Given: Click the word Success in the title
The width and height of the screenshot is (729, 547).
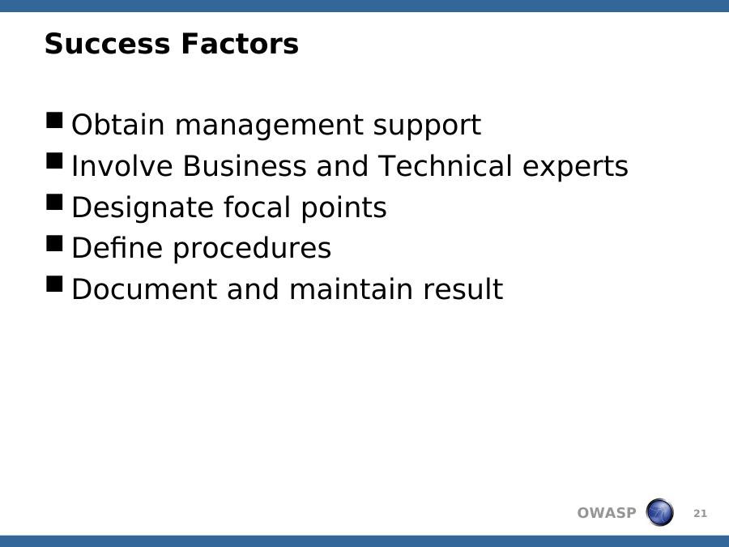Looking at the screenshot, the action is click(x=108, y=44).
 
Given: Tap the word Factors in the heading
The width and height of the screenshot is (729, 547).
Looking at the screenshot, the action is click(x=240, y=44).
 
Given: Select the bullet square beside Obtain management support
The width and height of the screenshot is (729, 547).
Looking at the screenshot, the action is click(x=54, y=120).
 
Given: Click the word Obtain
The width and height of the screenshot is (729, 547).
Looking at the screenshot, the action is click(x=118, y=124).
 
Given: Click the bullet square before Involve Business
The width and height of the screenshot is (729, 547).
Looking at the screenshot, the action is click(x=54, y=161).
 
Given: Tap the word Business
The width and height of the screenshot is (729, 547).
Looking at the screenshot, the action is click(x=245, y=165).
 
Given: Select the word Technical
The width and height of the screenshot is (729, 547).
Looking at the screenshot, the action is click(x=445, y=165).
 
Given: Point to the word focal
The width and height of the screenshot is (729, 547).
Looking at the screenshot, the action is click(x=257, y=207).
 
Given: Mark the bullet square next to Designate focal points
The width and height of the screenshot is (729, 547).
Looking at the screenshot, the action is click(x=54, y=202).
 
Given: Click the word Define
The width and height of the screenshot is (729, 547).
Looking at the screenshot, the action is click(x=117, y=247).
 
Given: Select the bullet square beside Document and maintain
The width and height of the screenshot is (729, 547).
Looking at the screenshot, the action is click(x=54, y=284).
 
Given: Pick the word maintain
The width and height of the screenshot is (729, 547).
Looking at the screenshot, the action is click(x=351, y=288).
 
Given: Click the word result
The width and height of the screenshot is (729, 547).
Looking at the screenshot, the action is click(x=463, y=288).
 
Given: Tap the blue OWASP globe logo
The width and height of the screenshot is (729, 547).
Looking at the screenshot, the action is click(x=659, y=512).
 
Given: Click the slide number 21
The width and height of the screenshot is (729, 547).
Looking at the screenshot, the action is click(x=700, y=514).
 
